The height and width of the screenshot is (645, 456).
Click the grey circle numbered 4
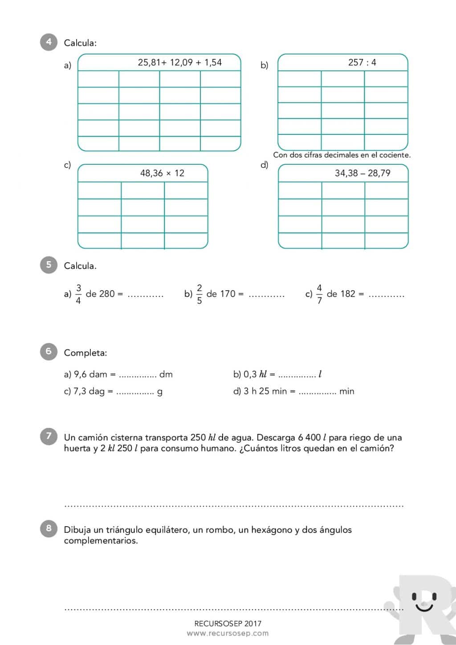(49, 42)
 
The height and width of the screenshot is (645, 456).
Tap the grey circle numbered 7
(49, 436)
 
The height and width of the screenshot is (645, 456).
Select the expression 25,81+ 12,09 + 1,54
(179, 62)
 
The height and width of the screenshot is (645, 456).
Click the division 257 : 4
(362, 62)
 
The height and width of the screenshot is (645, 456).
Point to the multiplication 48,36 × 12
(162, 173)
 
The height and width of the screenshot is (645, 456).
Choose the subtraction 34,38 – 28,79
(362, 173)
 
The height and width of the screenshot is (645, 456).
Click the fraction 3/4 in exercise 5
(78, 294)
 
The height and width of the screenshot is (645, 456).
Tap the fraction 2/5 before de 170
(199, 294)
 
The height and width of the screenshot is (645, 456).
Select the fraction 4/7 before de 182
(319, 294)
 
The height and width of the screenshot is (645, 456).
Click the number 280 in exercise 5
(107, 294)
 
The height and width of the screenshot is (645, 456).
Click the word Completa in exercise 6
(85, 353)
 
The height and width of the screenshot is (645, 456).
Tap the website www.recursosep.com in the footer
(228, 633)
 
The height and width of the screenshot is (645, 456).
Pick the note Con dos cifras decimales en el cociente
(342, 155)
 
